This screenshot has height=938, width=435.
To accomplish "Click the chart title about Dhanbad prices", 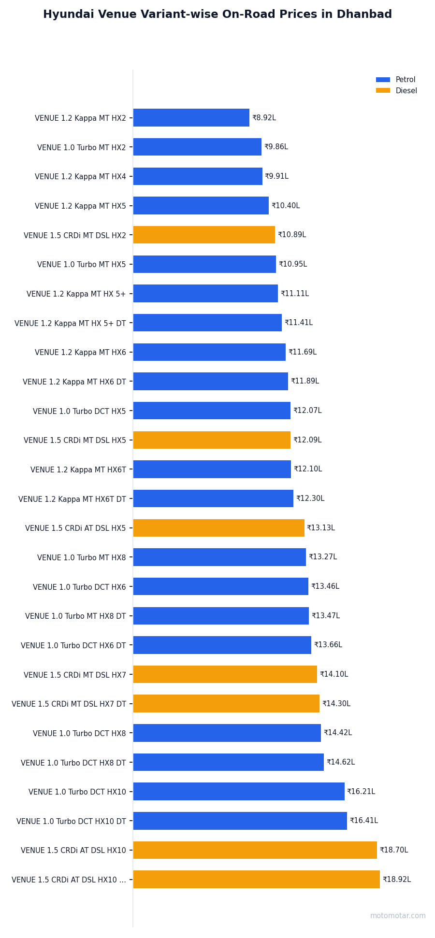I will click(217, 14).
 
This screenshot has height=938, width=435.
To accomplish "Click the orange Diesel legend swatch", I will click(383, 91).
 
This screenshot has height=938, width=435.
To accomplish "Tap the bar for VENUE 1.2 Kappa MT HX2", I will click(191, 118).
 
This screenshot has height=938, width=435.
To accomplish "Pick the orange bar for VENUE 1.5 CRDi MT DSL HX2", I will click(204, 235).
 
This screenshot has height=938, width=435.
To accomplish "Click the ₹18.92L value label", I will click(396, 880).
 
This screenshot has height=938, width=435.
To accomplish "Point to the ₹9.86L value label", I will click(276, 147).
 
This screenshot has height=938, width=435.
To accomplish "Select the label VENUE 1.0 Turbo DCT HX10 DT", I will click(71, 821).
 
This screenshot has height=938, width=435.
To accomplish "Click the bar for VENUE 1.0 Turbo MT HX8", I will click(219, 557).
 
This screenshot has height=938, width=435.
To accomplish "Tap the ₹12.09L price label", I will click(307, 440).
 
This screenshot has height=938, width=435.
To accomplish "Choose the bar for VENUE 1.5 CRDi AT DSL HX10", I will click(255, 850).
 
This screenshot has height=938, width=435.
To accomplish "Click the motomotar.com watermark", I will click(398, 916).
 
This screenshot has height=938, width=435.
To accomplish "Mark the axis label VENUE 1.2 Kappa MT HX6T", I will click(78, 469).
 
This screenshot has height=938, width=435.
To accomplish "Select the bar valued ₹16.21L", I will click(239, 792).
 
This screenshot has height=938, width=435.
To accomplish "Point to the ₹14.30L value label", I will click(336, 704).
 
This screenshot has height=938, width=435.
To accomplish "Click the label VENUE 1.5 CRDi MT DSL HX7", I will click(74, 675).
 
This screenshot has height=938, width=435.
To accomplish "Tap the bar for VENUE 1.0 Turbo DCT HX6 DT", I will click(222, 645).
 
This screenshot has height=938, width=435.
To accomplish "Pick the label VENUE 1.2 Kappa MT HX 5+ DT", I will click(70, 323).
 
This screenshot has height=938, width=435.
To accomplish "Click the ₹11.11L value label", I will click(294, 294).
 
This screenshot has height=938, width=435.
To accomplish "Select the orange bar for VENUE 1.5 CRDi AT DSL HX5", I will click(218, 528).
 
